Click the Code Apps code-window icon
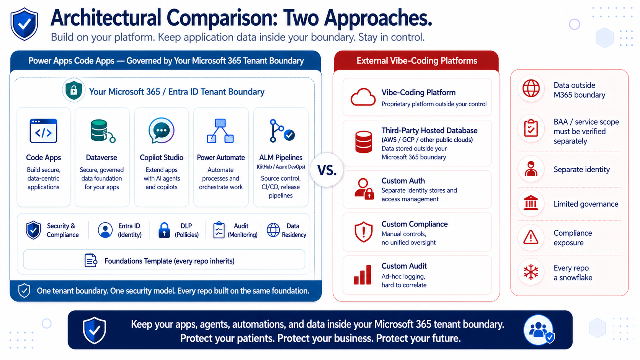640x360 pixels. click(x=43, y=131)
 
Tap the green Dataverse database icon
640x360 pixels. click(x=102, y=131)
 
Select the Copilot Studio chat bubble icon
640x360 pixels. click(x=161, y=130)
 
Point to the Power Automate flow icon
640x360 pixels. click(x=220, y=131)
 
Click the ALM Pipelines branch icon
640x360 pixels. click(x=281, y=131)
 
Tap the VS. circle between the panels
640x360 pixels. click(x=327, y=170)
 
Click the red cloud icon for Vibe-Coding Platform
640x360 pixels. click(x=363, y=97)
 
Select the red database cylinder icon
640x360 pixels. click(x=363, y=142)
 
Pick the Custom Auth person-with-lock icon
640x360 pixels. click(x=364, y=189)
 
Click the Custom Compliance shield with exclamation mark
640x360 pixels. click(x=363, y=232)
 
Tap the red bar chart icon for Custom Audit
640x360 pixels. click(x=363, y=275)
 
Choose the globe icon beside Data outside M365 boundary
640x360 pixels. click(x=531, y=89)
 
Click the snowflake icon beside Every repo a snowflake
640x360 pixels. click(x=531, y=272)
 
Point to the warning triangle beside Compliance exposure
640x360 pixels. click(x=531, y=237)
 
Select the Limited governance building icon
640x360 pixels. click(x=531, y=203)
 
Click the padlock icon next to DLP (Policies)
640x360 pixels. click(x=164, y=230)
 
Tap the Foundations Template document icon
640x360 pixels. click(x=91, y=261)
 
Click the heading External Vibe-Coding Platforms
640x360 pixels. click(x=416, y=61)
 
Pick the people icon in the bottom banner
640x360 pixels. click(x=539, y=330)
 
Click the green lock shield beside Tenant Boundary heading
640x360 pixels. click(x=73, y=91)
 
